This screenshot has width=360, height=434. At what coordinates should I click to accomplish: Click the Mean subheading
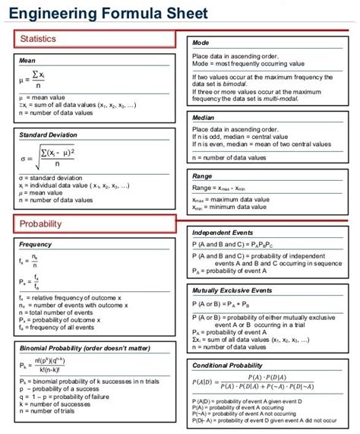tap(27, 59)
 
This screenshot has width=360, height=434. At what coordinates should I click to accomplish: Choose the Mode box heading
tap(201, 43)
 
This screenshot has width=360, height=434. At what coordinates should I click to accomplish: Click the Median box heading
tap(204, 118)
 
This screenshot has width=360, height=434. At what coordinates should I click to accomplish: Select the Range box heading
tap(203, 176)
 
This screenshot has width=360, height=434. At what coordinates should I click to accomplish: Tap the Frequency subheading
tap(35, 245)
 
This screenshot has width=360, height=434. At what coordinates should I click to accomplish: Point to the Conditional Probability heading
tap(232, 365)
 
